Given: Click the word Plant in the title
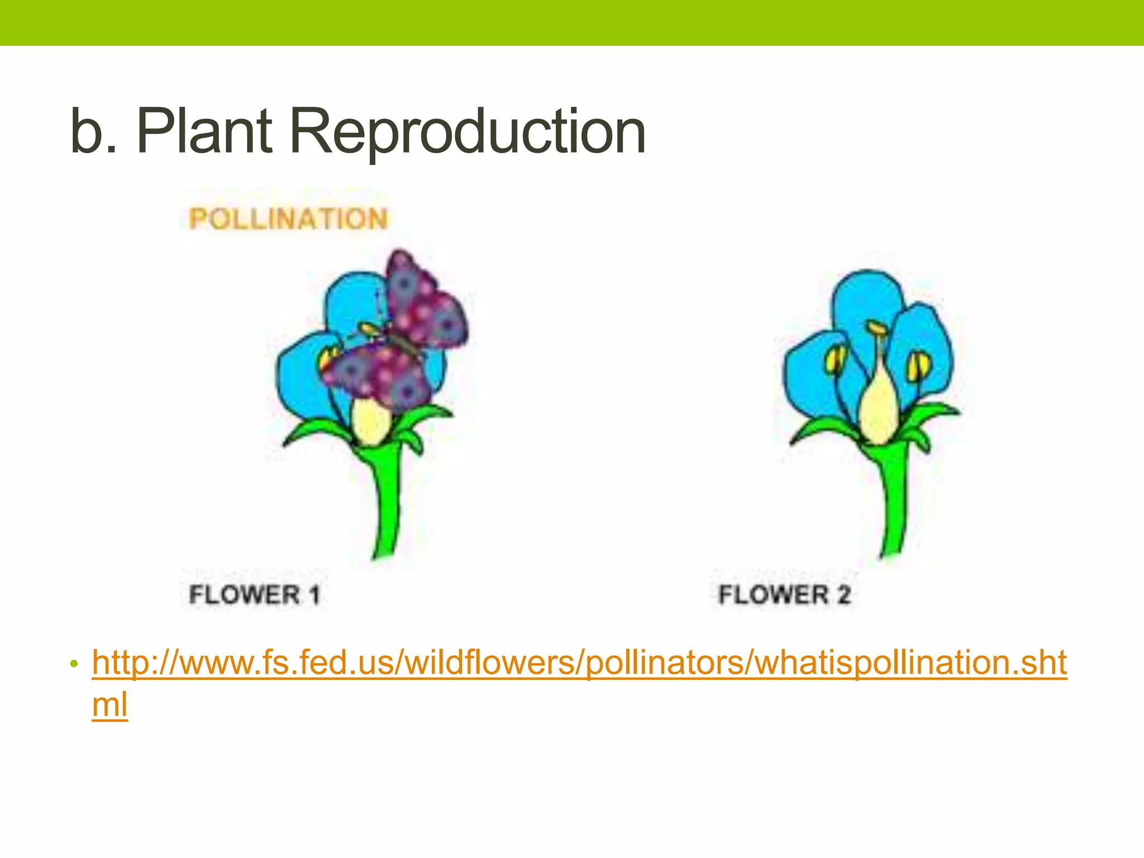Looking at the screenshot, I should click(x=204, y=131).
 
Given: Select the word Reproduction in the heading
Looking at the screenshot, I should click(x=468, y=132).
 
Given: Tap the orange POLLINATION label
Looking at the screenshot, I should click(x=288, y=218).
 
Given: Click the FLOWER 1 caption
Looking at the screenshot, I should click(x=255, y=594).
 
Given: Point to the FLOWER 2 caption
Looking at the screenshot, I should click(x=784, y=594).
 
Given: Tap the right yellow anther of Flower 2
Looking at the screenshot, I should click(x=918, y=366).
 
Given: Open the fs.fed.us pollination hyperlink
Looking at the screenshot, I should click(x=579, y=663).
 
